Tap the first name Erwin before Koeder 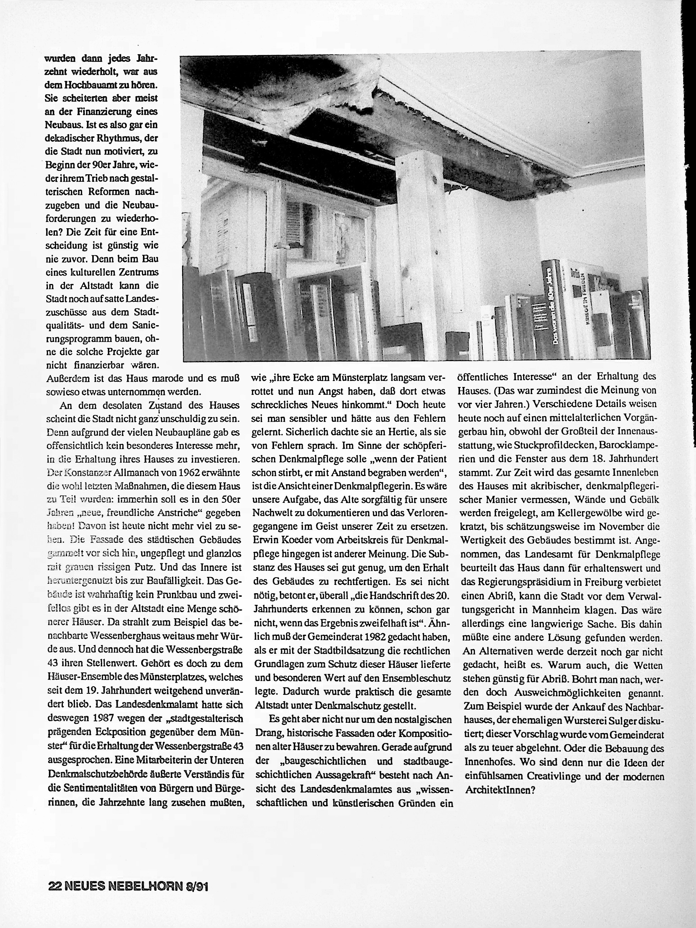pos(267,540)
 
